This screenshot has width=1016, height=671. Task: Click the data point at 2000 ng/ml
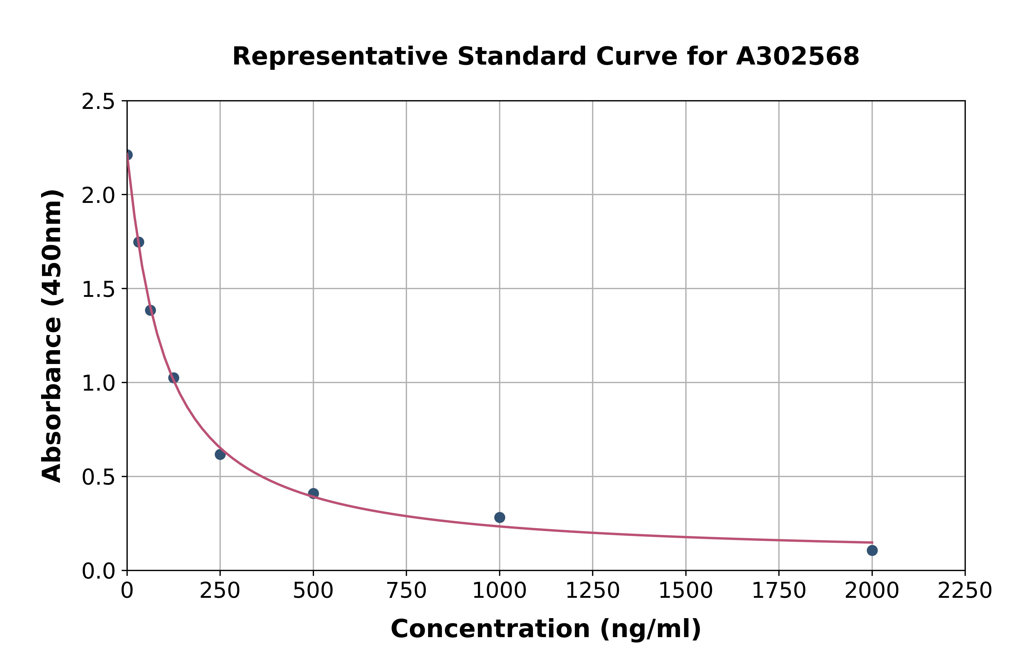[x=872, y=550]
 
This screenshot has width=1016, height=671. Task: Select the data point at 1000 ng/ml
[x=499, y=517]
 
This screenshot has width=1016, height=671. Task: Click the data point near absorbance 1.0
[x=174, y=378]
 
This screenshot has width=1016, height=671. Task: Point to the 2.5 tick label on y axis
[x=98, y=102]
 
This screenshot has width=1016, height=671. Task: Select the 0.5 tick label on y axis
[x=98, y=477]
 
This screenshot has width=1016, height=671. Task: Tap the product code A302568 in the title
[x=797, y=56]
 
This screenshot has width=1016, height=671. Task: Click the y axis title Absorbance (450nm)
[x=52, y=336]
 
